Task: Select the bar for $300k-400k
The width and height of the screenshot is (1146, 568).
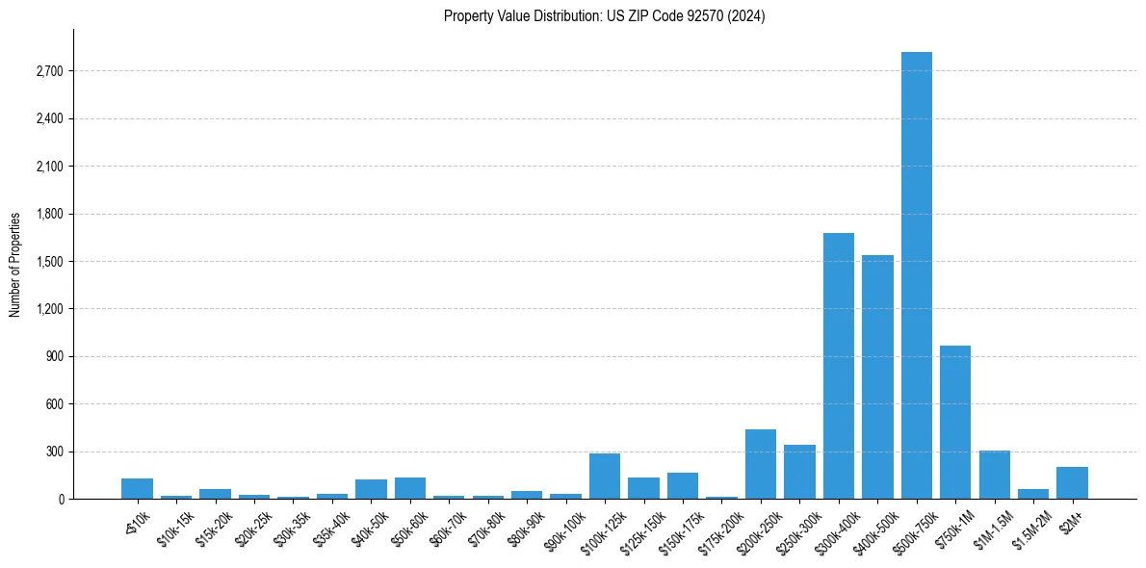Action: point(838,366)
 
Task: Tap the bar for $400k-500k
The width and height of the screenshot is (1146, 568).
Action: point(877,376)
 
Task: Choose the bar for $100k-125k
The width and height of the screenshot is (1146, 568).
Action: point(605,477)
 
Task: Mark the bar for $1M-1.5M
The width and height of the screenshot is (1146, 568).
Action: point(994,475)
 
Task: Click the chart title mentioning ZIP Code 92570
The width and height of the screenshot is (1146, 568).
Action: point(604,16)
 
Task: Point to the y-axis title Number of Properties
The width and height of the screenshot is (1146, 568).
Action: point(15,264)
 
